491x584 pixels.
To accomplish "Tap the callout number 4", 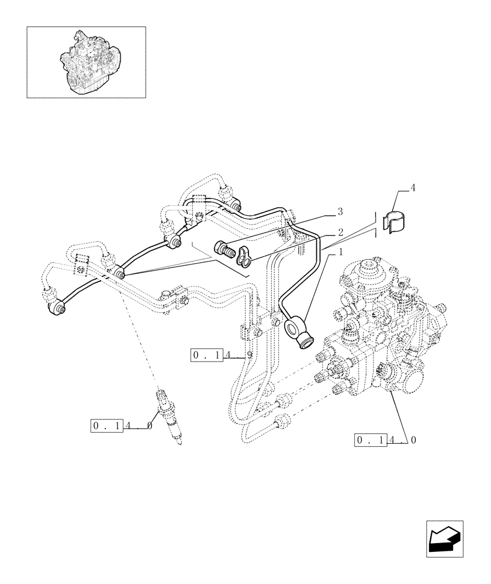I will pos(413,188).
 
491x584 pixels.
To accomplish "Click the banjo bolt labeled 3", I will pos(225,251).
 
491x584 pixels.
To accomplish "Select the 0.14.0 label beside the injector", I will pos(122,426).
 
